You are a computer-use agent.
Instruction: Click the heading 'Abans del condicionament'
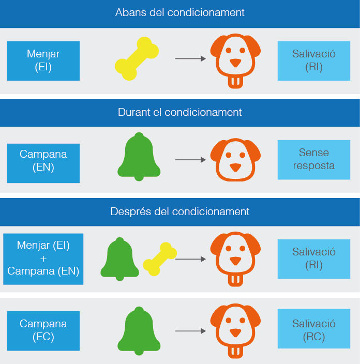tap(180, 12)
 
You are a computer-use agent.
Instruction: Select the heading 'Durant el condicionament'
tap(180, 112)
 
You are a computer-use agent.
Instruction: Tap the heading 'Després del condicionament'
tap(180, 211)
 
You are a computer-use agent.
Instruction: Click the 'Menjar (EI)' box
tap(43, 60)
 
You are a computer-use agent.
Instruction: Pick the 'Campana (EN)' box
tap(43, 160)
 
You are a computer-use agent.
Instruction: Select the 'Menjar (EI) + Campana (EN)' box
tap(43, 259)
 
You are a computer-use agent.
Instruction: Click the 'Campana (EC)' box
tap(43, 330)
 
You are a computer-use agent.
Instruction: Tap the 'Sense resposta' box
tap(313, 159)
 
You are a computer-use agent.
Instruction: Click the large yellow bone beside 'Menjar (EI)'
tap(137, 59)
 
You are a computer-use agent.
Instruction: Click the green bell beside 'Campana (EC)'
tap(139, 331)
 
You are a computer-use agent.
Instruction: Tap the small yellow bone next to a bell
tap(160, 259)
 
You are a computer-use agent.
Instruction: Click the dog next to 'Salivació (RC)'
tap(235, 330)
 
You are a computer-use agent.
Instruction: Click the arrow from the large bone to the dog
tap(190, 59)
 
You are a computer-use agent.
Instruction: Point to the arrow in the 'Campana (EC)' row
tap(190, 330)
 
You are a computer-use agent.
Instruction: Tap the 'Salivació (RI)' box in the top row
tap(313, 60)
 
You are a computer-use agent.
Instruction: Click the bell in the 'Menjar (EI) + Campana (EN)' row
tap(120, 259)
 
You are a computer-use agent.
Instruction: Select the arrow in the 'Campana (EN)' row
tap(190, 160)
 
